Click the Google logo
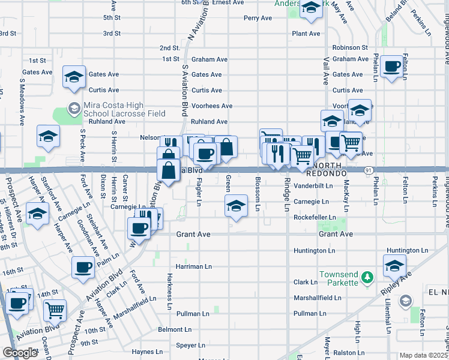point(20,353)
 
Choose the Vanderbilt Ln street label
point(313,186)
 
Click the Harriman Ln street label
point(193,266)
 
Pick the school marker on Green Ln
point(237,205)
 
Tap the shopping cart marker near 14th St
point(55,310)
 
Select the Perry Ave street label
point(258,18)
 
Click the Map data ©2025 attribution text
point(424,355)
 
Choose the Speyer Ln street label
point(190,345)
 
